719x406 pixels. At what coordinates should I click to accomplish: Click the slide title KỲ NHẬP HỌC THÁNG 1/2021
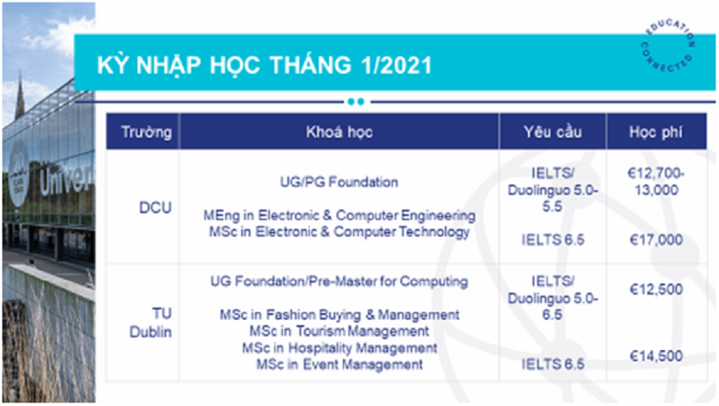tap(264, 65)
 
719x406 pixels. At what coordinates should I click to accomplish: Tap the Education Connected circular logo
tap(668, 46)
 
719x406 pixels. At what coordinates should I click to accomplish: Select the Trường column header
tap(146, 132)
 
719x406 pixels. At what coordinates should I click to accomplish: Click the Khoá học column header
tap(340, 132)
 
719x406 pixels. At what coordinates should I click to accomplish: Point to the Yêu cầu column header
tap(553, 132)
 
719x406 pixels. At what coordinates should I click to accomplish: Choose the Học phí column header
tap(656, 132)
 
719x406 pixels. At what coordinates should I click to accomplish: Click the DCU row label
tap(156, 208)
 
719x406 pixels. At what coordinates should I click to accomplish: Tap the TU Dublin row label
tap(151, 323)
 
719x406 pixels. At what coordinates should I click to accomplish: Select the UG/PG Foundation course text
tap(340, 182)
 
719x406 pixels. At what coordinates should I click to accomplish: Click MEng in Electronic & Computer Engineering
tap(340, 215)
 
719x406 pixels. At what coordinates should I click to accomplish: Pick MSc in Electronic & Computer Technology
tap(340, 232)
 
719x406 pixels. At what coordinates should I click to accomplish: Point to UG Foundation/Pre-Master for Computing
tap(340, 281)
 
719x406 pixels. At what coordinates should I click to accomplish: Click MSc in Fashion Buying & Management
tap(340, 315)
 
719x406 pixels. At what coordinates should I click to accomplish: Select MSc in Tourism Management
tap(340, 331)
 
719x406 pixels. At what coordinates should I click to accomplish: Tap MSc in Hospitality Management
tap(340, 348)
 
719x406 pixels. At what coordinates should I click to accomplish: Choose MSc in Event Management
tap(340, 364)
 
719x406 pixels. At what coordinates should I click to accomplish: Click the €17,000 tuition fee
tap(656, 240)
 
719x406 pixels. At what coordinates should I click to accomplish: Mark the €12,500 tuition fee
tap(656, 289)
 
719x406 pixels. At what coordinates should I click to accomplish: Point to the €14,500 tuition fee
tap(656, 356)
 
